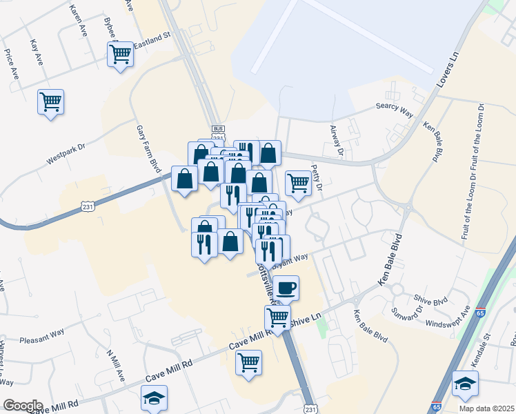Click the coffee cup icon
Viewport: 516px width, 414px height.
(x=286, y=287)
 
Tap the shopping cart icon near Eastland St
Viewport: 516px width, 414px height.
(x=121, y=53)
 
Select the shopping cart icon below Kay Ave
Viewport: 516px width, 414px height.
(x=50, y=102)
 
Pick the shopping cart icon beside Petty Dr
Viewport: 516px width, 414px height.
(x=298, y=184)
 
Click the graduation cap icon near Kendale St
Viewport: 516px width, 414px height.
(x=465, y=383)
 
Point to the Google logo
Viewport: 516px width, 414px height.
(x=23, y=406)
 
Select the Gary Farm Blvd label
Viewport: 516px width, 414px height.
(x=148, y=150)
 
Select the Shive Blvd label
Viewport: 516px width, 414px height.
(x=431, y=299)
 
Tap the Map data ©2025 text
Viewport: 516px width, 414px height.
(x=486, y=408)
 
